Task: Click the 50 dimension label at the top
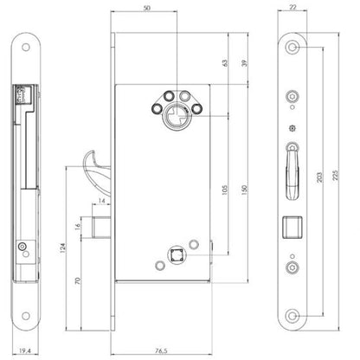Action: [147, 8]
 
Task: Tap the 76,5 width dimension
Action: [161, 350]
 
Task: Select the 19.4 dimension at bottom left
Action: [25, 350]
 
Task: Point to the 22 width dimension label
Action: [292, 7]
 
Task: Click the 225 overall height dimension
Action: [335, 176]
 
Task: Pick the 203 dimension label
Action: [319, 177]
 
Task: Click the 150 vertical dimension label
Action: [244, 190]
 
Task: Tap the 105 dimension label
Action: [225, 190]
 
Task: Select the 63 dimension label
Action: [225, 63]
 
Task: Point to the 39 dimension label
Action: [244, 63]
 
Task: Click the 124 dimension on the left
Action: [62, 248]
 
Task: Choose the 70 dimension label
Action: [78, 280]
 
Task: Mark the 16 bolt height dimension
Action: [77, 227]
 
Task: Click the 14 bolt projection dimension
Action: [102, 201]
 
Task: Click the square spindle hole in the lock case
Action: [177, 255]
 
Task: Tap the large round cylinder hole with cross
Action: [176, 117]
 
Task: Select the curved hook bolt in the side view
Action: [97, 167]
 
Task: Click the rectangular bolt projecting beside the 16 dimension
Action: [101, 228]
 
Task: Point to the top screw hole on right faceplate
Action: [292, 47]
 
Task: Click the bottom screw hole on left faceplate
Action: [26, 316]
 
